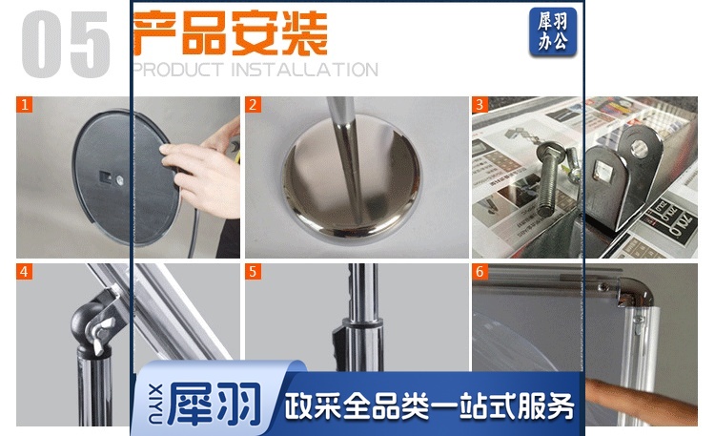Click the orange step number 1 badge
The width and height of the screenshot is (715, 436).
pyautogui.click(x=25, y=105)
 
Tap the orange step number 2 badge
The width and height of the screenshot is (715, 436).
pyautogui.click(x=253, y=105)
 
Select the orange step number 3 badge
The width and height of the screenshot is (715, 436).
pyautogui.click(x=480, y=105)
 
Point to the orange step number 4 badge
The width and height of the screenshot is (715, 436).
pyautogui.click(x=25, y=272)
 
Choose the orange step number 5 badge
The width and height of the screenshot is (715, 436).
pyautogui.click(x=253, y=272)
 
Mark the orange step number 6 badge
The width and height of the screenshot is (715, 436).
pyautogui.click(x=480, y=272)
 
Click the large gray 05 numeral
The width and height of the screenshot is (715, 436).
pyautogui.click(x=66, y=44)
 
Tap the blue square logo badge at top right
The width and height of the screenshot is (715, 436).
pyautogui.click(x=553, y=31)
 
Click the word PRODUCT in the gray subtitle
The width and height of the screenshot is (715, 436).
pyautogui.click(x=178, y=70)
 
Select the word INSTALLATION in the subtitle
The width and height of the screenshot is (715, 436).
pyautogui.click(x=305, y=70)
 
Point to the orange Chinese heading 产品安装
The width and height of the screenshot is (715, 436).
pyautogui.click(x=231, y=32)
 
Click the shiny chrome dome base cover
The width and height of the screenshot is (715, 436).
pyautogui.click(x=352, y=178)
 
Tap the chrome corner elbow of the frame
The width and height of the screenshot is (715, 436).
pyautogui.click(x=635, y=292)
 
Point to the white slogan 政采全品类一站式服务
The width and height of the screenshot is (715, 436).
pyautogui.click(x=429, y=405)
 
